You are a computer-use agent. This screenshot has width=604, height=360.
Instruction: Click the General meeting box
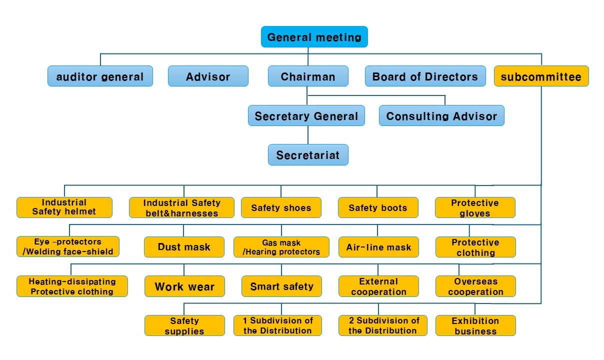(314, 37)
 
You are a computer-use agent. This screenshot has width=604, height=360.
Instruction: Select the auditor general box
(100, 76)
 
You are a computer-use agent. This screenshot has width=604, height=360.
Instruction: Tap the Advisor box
(208, 76)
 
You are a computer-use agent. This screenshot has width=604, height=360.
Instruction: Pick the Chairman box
(308, 76)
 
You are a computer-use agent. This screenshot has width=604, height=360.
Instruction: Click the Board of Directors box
(425, 76)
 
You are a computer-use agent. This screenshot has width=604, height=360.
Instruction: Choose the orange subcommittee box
(541, 76)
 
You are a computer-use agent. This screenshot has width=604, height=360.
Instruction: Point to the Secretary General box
(306, 115)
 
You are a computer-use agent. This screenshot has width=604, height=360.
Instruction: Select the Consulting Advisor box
(441, 115)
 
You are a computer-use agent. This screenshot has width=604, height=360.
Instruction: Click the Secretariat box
(308, 154)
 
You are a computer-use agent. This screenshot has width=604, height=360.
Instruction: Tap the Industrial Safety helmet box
(64, 207)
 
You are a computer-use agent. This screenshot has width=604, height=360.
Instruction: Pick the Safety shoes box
(281, 207)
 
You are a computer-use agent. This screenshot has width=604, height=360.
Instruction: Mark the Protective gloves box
(475, 207)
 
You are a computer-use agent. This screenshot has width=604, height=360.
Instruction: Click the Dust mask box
(184, 246)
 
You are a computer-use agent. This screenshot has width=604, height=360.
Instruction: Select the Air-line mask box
(378, 246)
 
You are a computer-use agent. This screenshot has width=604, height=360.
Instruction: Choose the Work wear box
(184, 286)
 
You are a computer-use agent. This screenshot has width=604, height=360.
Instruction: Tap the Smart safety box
(281, 286)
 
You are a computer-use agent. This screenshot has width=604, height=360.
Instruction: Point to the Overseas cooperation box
(475, 286)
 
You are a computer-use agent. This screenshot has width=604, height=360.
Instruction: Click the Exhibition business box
(475, 325)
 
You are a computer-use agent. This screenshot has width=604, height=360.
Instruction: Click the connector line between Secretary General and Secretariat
(308, 135)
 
